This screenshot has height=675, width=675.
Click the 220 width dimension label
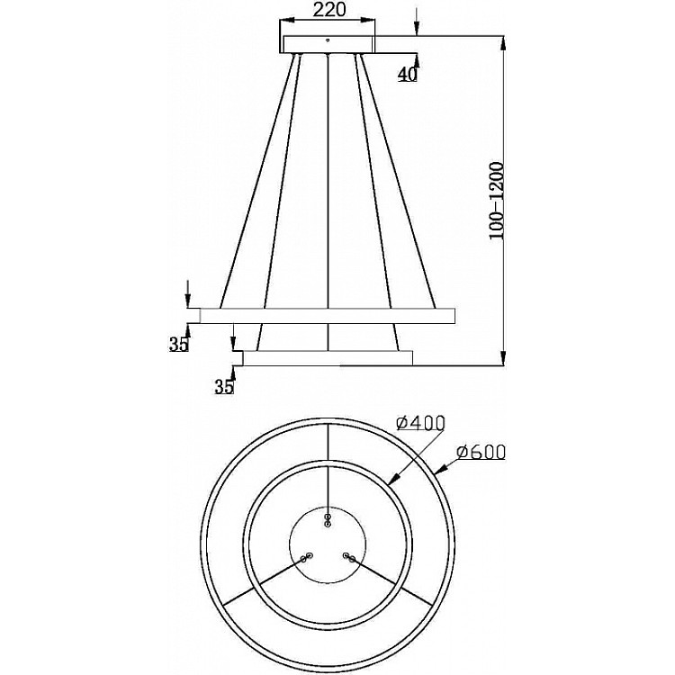[x=328, y=10]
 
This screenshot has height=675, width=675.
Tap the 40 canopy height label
[x=407, y=75]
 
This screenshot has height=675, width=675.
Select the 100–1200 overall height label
[x=496, y=201]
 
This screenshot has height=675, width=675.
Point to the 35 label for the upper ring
[x=179, y=345]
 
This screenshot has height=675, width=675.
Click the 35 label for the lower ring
[x=224, y=387]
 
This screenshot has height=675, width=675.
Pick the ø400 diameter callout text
[x=420, y=424]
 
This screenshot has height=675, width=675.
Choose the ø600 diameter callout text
[x=481, y=452]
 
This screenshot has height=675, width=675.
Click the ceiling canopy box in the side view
[x=328, y=44]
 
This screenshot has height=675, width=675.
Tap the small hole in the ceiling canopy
[x=328, y=40]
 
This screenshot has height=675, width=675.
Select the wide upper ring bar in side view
[x=328, y=316]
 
